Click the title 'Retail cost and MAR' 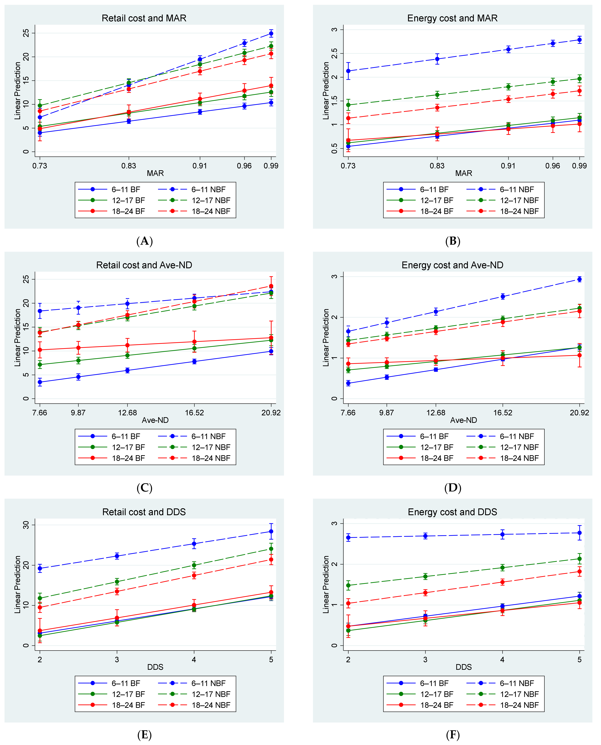[x=144, y=18]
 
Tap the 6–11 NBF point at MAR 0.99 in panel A [x=271, y=34]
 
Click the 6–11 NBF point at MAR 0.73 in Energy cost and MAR [x=348, y=71]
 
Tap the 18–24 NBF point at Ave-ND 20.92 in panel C [x=271, y=286]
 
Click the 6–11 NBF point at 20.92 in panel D [x=579, y=279]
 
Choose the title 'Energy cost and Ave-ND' [x=452, y=265]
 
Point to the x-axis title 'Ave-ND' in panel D [x=464, y=420]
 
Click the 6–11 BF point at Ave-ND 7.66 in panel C [x=40, y=382]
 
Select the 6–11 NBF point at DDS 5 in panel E [x=271, y=531]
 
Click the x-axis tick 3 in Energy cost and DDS [x=425, y=660]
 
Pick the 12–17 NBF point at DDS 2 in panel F [x=348, y=585]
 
